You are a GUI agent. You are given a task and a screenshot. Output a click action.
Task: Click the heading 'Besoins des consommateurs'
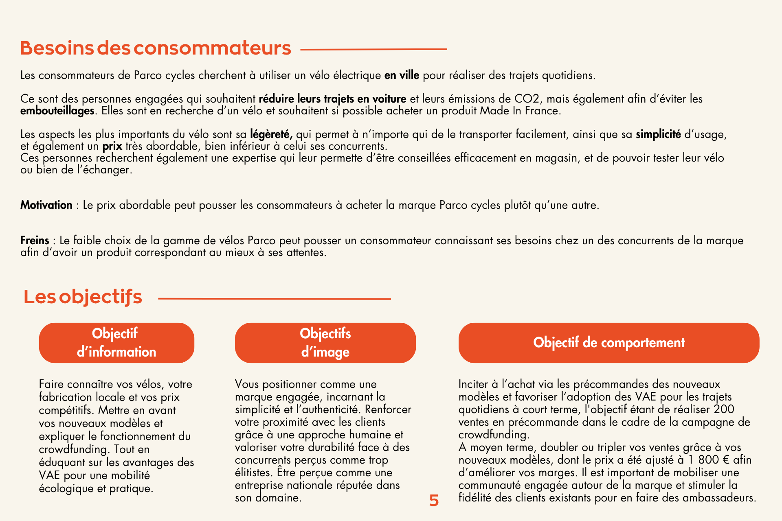coord(155,48)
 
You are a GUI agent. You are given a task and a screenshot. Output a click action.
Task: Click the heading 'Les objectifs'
coord(83,297)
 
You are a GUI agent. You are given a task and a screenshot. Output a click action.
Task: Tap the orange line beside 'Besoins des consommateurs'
coord(373,49)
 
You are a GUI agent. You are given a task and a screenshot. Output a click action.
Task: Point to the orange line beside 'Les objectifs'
coord(274,299)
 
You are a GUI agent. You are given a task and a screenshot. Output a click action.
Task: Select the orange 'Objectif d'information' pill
coord(116,343)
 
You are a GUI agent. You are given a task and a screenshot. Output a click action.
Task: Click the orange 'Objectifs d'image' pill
coord(325,343)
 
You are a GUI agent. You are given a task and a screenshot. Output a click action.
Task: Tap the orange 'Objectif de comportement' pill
coord(608,343)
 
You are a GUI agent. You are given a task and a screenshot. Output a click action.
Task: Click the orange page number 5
coord(434,500)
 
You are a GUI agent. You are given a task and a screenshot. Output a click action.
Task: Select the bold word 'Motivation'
coord(46,205)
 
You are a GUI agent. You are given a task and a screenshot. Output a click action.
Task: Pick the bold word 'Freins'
coord(35,240)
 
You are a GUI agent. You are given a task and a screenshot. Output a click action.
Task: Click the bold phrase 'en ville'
coord(402,75)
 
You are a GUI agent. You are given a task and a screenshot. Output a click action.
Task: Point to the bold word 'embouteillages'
coord(57,111)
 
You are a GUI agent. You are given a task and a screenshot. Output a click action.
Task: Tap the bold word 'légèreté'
coord(271,134)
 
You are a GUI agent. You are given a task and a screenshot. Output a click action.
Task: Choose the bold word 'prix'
coord(112,146)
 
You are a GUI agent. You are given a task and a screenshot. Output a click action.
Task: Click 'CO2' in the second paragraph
coord(527,99)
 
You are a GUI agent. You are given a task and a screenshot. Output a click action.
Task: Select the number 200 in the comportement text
coord(724,409)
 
